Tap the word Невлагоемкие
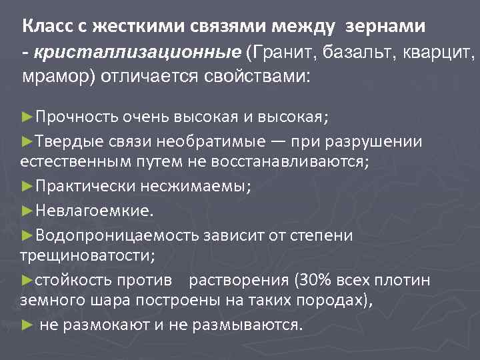pos(93,211)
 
